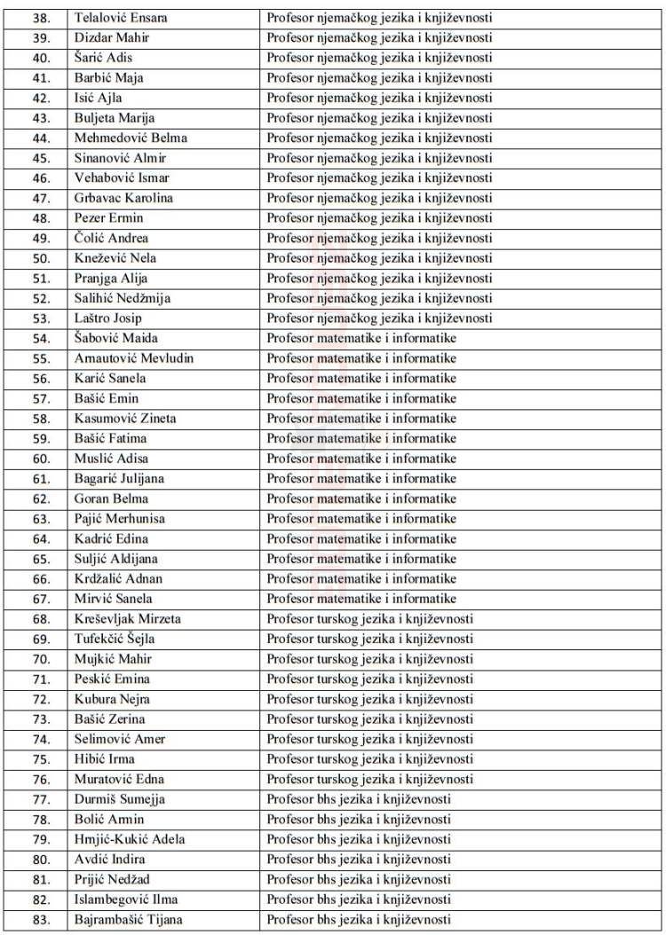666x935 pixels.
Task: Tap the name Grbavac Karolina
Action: tap(124, 198)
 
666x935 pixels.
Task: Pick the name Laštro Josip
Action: tap(109, 318)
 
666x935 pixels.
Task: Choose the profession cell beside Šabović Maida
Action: tap(361, 338)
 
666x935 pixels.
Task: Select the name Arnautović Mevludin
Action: tap(134, 358)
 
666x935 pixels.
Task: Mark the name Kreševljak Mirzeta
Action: tap(128, 618)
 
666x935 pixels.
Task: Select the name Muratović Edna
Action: tap(120, 779)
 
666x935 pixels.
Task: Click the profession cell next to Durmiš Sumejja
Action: tap(359, 799)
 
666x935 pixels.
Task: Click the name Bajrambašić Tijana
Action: tap(130, 920)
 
